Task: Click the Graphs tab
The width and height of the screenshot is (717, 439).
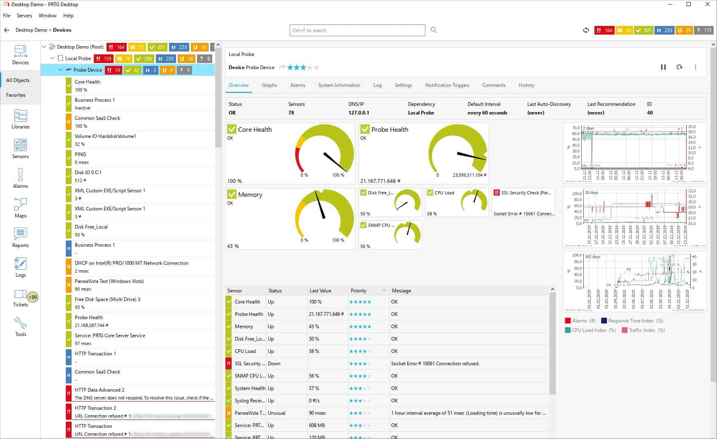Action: [x=269, y=85]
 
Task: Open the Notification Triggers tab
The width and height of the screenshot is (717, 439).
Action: [x=447, y=85]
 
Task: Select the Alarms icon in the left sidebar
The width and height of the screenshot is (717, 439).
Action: [x=20, y=178]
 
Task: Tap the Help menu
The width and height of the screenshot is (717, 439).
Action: [x=68, y=16]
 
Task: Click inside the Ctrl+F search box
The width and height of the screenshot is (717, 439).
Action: [x=357, y=30]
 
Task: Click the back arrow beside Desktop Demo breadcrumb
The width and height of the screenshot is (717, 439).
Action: [x=7, y=30]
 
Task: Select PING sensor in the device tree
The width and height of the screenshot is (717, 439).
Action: [x=81, y=154]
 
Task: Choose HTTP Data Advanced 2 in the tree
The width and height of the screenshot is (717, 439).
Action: [x=100, y=390]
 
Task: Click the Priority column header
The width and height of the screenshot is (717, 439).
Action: [x=359, y=291]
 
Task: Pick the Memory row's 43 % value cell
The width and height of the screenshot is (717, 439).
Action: [x=314, y=327]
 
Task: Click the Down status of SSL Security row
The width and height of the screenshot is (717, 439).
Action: [x=274, y=364]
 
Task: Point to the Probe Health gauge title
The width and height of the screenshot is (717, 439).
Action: [x=390, y=129]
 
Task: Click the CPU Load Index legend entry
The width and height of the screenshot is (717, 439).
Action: [x=589, y=330]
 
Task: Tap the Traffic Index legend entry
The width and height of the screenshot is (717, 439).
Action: [x=642, y=330]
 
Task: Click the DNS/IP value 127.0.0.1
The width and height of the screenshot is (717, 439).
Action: [x=359, y=113]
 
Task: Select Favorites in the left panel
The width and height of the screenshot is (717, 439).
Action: [x=16, y=95]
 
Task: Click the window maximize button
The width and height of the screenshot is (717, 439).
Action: [x=689, y=5]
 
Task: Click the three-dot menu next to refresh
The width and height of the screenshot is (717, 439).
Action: [x=696, y=67]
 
